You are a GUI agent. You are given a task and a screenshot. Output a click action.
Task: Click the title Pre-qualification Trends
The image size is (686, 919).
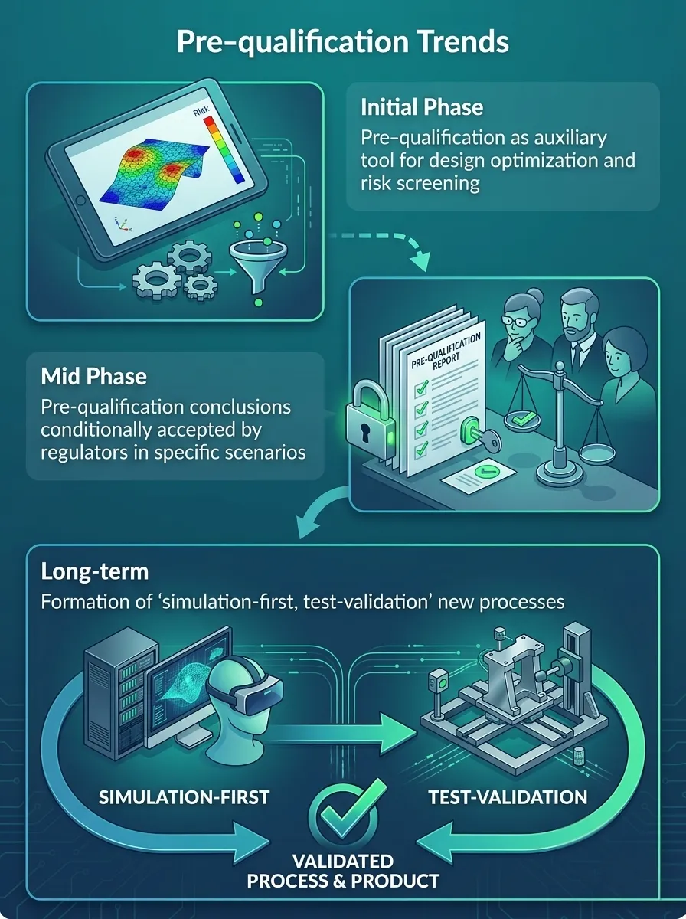[x=342, y=42]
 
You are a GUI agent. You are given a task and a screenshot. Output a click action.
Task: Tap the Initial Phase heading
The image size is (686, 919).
[x=422, y=107]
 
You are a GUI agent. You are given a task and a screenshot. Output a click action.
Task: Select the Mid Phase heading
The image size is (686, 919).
[x=93, y=376]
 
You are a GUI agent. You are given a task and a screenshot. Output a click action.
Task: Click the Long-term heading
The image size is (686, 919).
[x=95, y=572]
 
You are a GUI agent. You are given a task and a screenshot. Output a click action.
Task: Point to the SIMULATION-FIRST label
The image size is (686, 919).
[x=185, y=797]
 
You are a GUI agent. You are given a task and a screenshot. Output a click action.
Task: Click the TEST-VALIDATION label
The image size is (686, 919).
[x=508, y=797]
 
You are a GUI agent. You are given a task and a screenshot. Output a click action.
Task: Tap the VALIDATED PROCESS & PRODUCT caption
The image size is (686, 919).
[x=343, y=871]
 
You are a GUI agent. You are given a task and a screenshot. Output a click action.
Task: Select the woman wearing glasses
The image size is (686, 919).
[x=522, y=326]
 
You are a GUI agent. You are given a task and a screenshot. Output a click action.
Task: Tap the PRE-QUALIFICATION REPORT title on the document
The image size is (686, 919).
[x=446, y=351]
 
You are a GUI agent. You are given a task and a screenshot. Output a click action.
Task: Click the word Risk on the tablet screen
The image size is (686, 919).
[x=201, y=111]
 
